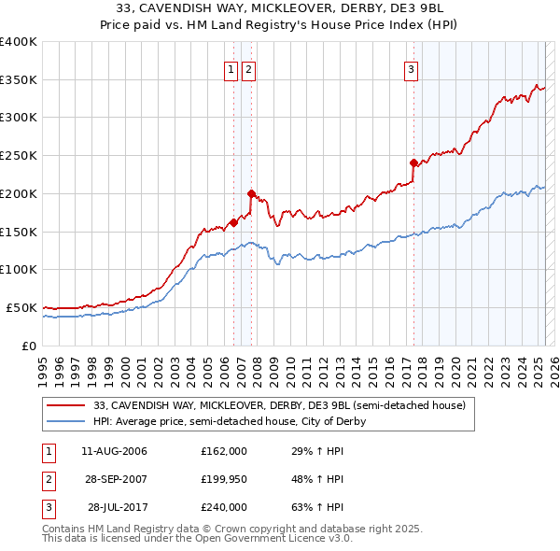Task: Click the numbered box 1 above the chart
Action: coord(231,68)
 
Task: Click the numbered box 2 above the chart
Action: coord(248,68)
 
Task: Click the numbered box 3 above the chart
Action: coord(411,68)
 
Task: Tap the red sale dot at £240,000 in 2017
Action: coord(413,162)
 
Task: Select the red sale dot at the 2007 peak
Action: coord(251,193)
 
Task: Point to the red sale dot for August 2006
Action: coord(233,222)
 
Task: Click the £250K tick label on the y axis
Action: coord(19,155)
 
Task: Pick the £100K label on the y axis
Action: coord(19,269)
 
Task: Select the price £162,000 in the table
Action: coord(224,451)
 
